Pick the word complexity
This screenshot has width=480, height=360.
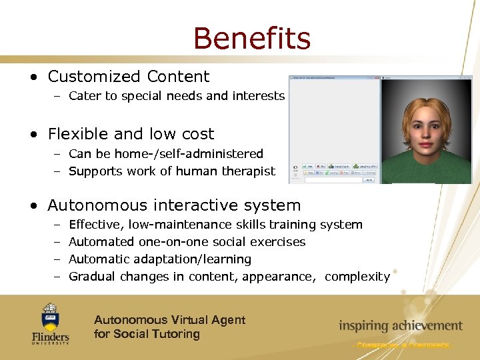357,276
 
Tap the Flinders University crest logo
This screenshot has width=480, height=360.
50,316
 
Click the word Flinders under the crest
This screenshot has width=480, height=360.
50,337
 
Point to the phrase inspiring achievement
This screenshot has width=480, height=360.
400,326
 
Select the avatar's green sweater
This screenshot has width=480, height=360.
427,175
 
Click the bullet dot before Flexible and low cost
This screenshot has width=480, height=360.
34,134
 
